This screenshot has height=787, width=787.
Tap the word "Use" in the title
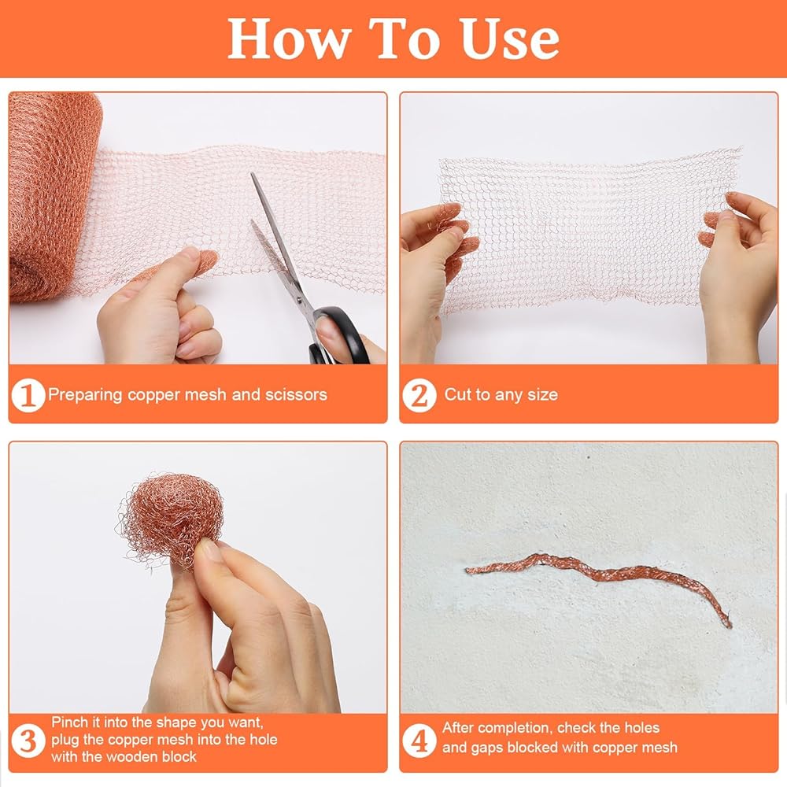coord(509,40)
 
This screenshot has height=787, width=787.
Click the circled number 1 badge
coord(28,395)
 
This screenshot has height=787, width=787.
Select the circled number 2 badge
coord(419,396)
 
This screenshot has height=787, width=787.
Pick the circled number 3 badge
coord(28,741)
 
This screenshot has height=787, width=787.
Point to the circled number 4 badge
coord(419,741)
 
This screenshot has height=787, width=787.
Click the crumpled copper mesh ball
coord(171,522)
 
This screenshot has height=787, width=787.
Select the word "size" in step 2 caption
coord(542,394)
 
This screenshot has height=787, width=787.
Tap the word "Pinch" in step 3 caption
coord(70,722)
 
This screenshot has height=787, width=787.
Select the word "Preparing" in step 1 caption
coord(85,395)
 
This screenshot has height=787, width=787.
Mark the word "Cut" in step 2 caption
coord(457,394)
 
